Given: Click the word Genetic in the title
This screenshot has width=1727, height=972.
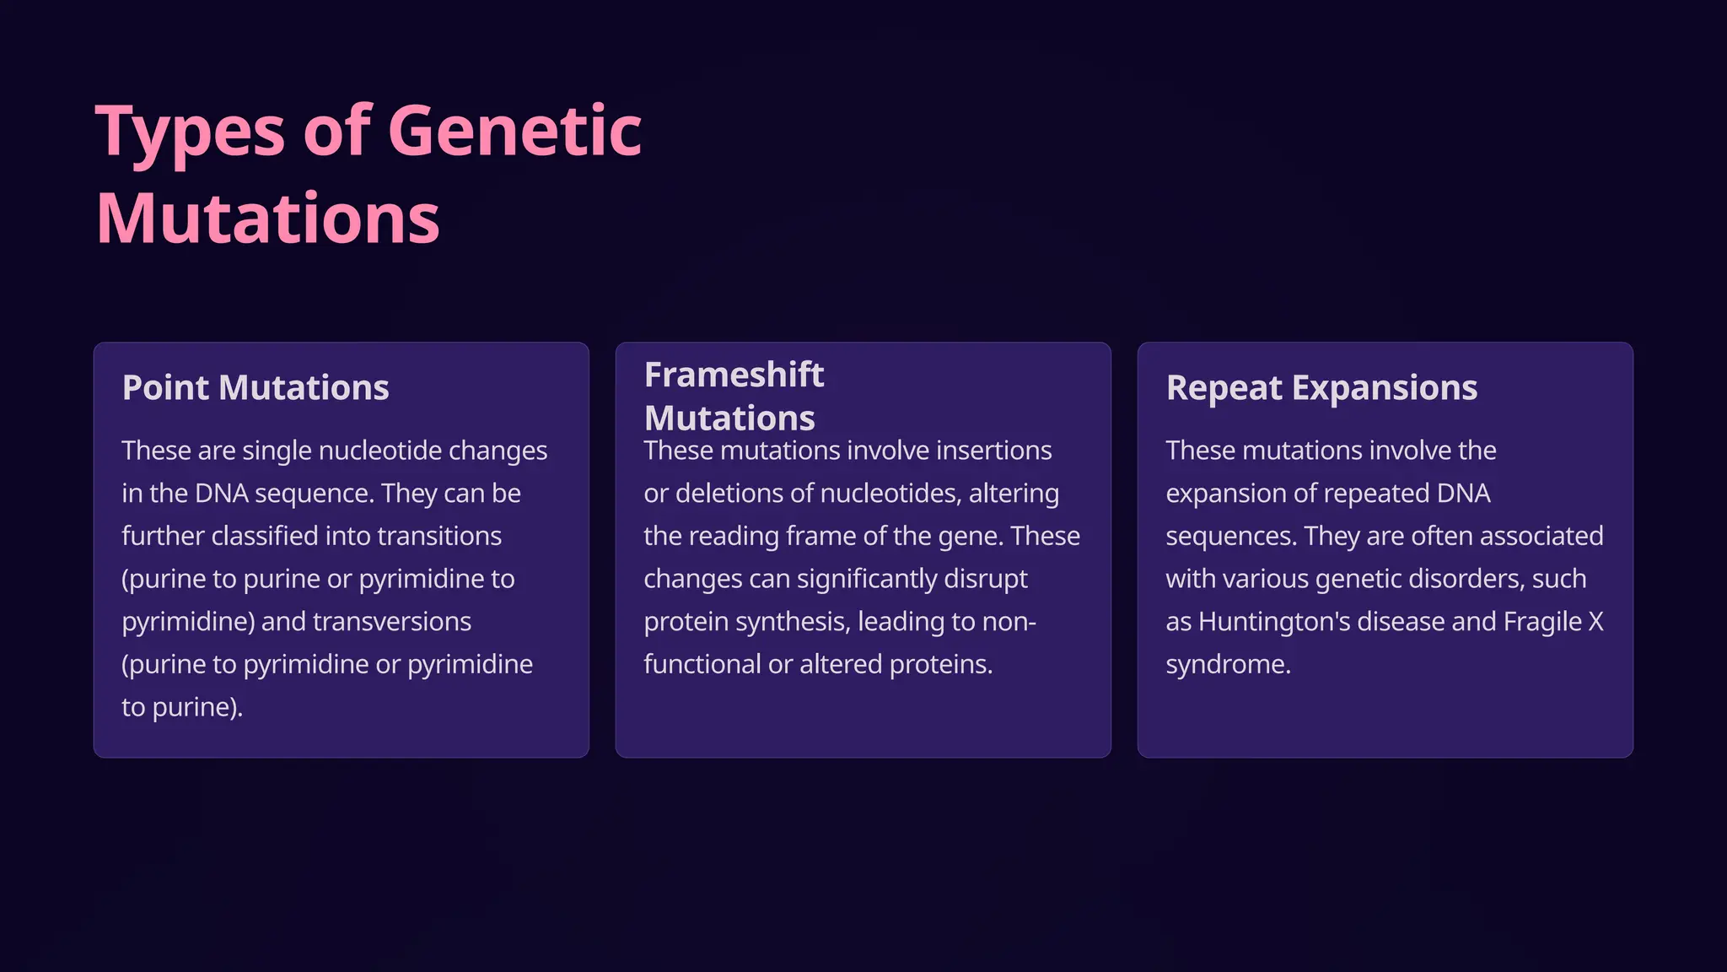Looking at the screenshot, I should coord(514,132).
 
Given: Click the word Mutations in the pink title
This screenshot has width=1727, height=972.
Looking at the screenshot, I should coord(268,219).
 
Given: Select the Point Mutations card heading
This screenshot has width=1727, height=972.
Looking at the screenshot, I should coord(256,388).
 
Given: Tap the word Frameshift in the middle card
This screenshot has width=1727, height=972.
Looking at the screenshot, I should coord(734,375).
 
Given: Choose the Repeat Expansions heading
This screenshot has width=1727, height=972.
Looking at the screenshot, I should coord(1321,388).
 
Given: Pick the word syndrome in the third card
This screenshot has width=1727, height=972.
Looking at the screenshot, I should coord(1227,665).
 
